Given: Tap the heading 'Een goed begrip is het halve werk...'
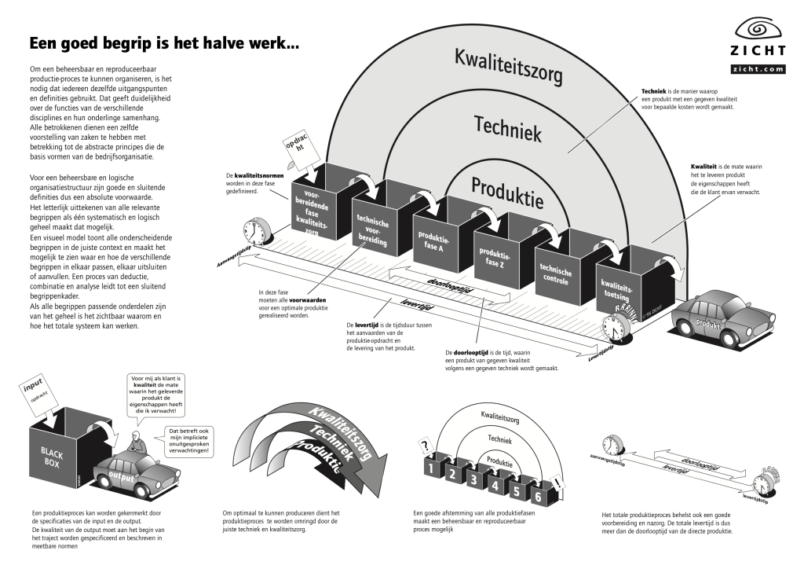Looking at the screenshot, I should (163, 43).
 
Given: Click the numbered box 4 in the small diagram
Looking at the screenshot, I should (495, 481).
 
